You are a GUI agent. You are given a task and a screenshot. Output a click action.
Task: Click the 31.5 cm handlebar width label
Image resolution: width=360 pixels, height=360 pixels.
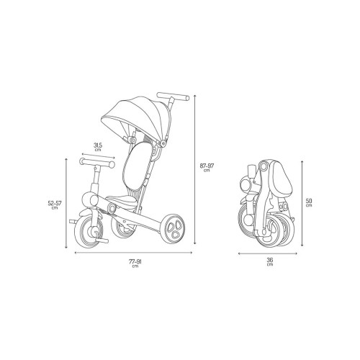pos(98,147)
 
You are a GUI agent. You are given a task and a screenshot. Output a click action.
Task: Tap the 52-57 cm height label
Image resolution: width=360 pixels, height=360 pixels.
pos(55,204)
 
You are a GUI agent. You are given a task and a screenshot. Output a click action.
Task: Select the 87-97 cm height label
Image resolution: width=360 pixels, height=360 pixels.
pos(207,167)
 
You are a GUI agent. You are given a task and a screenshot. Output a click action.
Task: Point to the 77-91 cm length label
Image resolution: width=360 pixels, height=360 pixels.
pos(135,264)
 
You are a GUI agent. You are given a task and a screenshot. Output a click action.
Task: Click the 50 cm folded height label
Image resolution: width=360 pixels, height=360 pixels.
pos(309,202)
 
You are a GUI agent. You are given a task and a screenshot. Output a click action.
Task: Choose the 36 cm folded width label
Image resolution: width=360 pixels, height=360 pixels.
pos(270,261)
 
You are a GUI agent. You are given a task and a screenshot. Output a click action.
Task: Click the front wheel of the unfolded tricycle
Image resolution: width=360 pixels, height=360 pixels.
pos(89,230)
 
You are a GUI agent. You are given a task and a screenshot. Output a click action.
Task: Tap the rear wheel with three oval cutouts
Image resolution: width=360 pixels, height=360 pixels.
pos(174,229)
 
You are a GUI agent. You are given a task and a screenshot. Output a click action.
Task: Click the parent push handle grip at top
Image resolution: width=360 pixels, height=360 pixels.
pos(173,96)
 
